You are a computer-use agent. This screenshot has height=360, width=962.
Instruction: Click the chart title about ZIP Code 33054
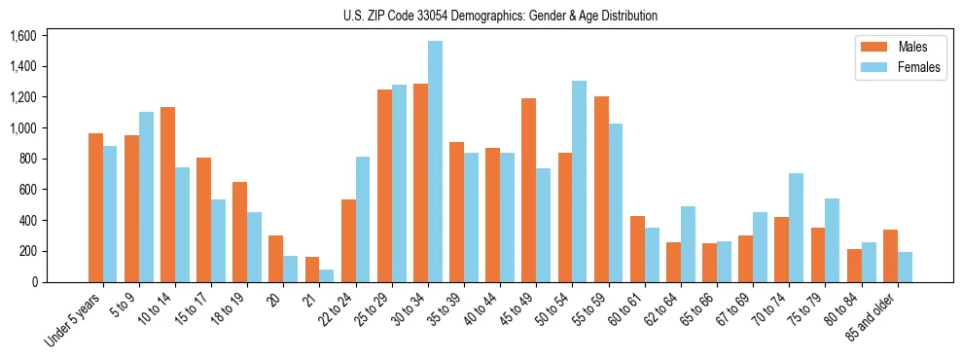coord(500,16)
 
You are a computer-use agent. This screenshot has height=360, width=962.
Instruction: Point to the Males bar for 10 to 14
coord(168,195)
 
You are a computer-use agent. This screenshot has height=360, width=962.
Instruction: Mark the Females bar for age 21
coord(327,275)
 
